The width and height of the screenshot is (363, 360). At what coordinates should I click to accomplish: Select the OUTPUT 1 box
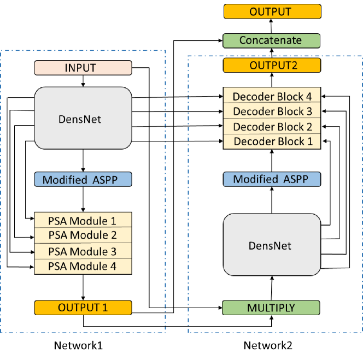tap(83, 308)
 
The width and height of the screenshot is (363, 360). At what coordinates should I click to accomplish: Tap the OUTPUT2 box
tap(272, 66)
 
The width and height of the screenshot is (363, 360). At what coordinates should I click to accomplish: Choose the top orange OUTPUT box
tap(272, 12)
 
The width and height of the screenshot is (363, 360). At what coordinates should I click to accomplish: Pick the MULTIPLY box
tap(271, 308)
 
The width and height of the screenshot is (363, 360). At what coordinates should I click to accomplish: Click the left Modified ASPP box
tap(83, 180)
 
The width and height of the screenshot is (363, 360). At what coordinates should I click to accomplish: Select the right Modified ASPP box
tap(271, 180)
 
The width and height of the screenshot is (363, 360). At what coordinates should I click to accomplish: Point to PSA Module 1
tap(83, 221)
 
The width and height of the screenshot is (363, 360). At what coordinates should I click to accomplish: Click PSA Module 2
tap(83, 235)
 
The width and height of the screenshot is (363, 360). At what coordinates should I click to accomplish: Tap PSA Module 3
tap(83, 251)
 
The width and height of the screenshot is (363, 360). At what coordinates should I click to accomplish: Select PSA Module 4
tap(83, 267)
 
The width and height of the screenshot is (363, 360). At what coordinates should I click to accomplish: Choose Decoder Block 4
tap(272, 97)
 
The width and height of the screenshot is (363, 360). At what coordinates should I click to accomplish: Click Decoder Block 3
tap(272, 111)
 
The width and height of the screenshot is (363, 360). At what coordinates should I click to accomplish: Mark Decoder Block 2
tap(272, 127)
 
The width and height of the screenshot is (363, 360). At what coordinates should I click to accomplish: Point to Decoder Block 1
tap(272, 141)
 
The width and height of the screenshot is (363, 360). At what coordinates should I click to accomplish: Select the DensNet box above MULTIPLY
tap(271, 245)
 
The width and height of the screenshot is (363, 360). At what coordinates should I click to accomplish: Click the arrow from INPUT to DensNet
tap(83, 81)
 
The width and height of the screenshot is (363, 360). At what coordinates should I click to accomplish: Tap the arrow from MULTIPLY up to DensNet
tap(271, 288)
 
